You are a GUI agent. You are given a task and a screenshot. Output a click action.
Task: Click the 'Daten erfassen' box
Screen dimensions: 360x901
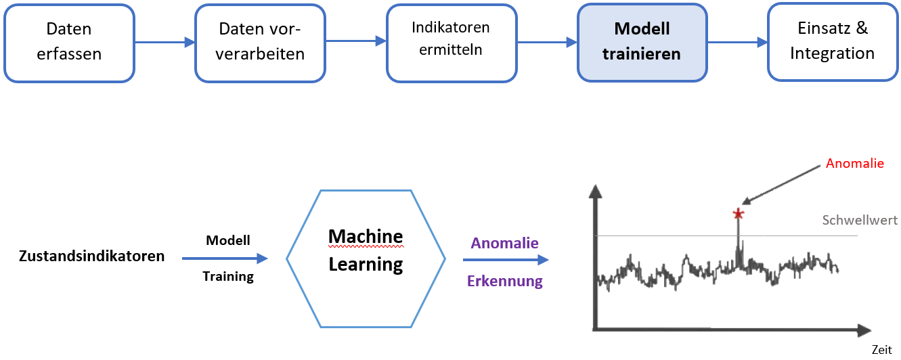(x=69, y=42)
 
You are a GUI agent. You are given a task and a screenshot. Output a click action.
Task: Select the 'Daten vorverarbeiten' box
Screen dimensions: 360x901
(x=261, y=42)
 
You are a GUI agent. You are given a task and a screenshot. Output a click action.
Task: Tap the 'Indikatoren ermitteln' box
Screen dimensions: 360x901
(x=451, y=42)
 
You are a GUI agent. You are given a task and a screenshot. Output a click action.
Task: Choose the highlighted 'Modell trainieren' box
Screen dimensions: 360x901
(x=642, y=42)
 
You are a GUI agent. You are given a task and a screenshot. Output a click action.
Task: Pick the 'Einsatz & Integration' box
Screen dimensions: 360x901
(x=832, y=42)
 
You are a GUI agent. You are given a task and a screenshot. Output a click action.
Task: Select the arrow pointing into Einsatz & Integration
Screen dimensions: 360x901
(x=737, y=42)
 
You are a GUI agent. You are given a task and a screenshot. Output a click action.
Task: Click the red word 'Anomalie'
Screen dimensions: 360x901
(x=854, y=164)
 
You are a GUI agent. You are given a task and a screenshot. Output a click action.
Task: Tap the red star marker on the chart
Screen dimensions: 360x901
(x=738, y=215)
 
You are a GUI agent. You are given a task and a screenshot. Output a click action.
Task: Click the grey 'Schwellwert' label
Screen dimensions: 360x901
(x=860, y=220)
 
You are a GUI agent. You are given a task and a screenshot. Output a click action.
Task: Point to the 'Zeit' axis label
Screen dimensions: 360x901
(x=881, y=350)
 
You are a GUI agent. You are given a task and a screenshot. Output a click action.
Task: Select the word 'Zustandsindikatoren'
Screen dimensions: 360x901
(x=92, y=256)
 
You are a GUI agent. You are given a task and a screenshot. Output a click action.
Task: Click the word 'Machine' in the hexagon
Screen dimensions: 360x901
(x=366, y=236)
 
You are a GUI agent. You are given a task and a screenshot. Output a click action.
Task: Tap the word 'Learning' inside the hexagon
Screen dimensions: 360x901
(x=366, y=264)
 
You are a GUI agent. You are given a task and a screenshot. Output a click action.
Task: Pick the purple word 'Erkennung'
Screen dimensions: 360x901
(x=505, y=282)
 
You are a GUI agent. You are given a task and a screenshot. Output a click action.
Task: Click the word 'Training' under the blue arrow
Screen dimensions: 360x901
(x=228, y=276)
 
